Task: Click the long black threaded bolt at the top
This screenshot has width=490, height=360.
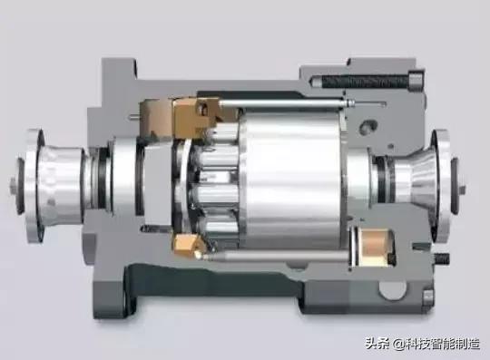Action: point(364,82)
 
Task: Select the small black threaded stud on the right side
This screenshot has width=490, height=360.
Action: point(442,258)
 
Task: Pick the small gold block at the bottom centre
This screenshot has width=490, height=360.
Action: point(185,244)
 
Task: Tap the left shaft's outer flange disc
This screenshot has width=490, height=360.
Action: point(34,187)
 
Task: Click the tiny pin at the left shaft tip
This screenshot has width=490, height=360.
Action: point(13,182)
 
